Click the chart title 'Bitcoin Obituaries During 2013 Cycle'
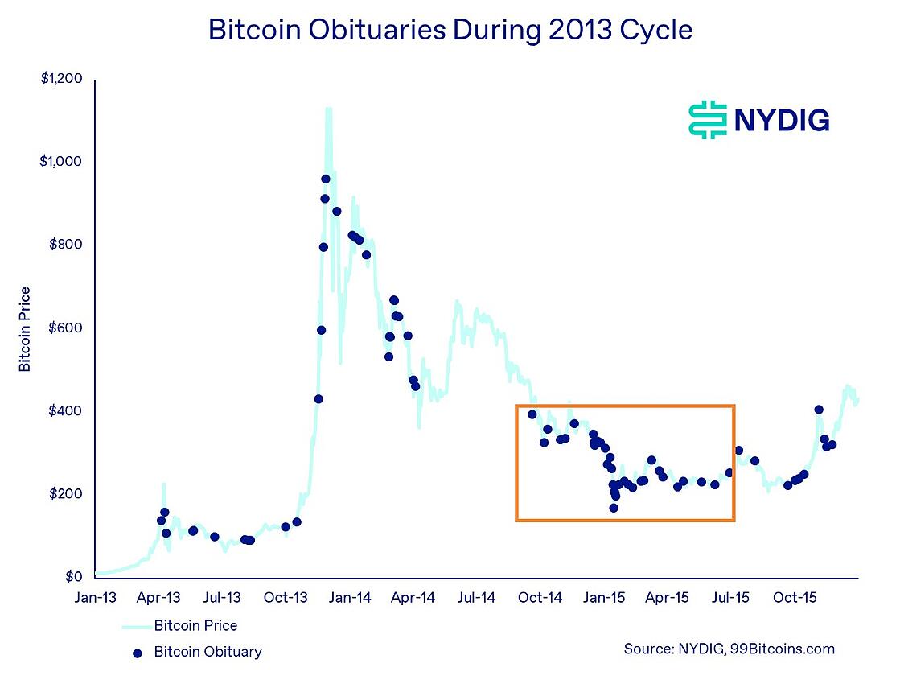coord(450,30)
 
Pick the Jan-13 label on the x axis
coord(96,598)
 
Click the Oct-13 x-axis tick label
coord(286,598)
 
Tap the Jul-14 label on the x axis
coord(477,598)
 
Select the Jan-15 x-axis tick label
coord(604,598)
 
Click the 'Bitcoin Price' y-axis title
coord(25,329)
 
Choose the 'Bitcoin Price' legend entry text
coord(195,625)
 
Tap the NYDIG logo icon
coord(707,120)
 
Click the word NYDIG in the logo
coord(780,121)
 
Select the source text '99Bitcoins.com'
coord(782,649)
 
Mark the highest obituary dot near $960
coord(326,179)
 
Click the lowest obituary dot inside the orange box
coord(614,508)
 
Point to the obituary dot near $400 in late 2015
coord(819,410)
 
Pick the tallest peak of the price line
coord(328,109)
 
